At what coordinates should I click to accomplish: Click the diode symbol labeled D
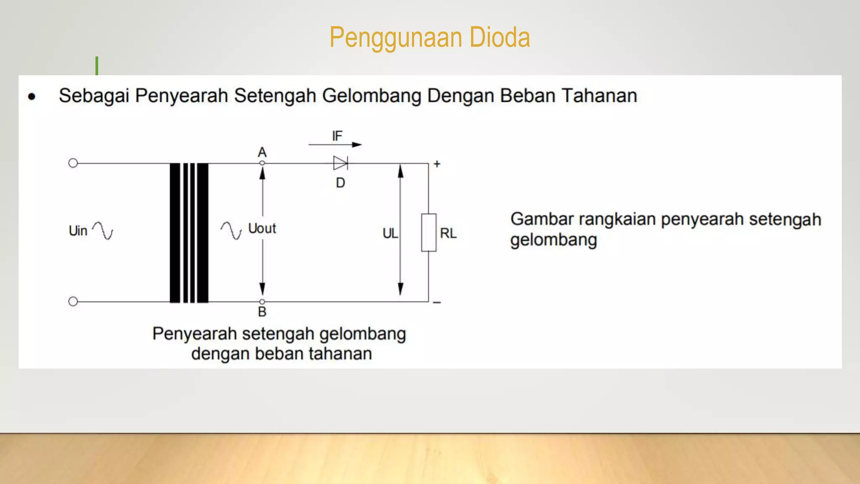pyautogui.click(x=341, y=163)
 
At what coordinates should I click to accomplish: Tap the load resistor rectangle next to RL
pyautogui.click(x=429, y=232)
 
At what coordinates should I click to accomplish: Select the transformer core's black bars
pyautogui.click(x=189, y=233)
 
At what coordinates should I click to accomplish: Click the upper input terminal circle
pyautogui.click(x=73, y=163)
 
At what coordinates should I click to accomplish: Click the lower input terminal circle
pyautogui.click(x=73, y=301)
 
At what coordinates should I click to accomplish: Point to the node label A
pyautogui.click(x=262, y=152)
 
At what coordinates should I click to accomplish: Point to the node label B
pyautogui.click(x=262, y=312)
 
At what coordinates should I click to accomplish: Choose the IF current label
pyautogui.click(x=337, y=136)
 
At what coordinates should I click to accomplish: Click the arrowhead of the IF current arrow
pyautogui.click(x=357, y=145)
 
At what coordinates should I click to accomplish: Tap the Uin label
pyautogui.click(x=78, y=231)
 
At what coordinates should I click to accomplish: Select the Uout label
pyautogui.click(x=262, y=229)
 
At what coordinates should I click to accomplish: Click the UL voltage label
pyautogui.click(x=390, y=234)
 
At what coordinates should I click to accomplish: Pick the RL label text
pyautogui.click(x=448, y=233)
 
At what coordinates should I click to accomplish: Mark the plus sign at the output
pyautogui.click(x=437, y=164)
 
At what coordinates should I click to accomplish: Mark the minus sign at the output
pyautogui.click(x=437, y=302)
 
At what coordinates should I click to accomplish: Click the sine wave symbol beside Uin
pyautogui.click(x=103, y=230)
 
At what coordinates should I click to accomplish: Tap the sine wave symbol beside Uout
pyautogui.click(x=231, y=230)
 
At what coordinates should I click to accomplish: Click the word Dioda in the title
pyautogui.click(x=499, y=37)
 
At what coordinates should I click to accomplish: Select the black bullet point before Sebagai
pyautogui.click(x=32, y=97)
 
